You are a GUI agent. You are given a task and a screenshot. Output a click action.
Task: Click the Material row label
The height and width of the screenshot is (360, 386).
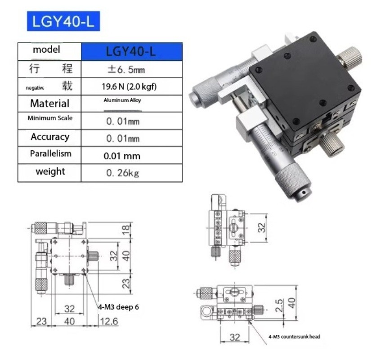click(x=49, y=103)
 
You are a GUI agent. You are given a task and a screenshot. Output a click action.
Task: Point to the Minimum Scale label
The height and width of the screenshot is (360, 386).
click(x=49, y=118)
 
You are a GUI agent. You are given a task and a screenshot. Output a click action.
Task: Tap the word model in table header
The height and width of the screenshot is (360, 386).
click(x=46, y=50)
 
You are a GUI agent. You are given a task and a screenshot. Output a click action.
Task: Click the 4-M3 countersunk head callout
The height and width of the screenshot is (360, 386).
click(x=294, y=336)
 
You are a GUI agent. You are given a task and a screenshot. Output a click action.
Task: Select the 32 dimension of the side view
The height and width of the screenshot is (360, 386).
click(x=262, y=227)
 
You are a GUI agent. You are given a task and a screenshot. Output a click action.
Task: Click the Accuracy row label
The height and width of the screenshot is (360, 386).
click(x=49, y=137)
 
